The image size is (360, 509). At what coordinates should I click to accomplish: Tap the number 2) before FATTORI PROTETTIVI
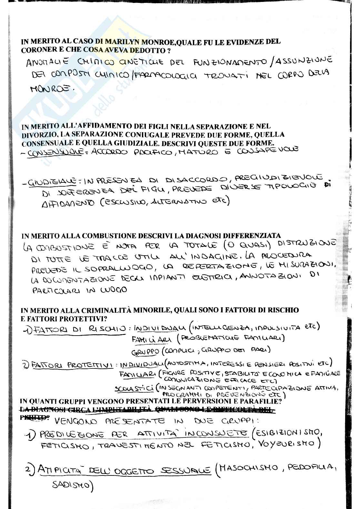pos(25,365)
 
